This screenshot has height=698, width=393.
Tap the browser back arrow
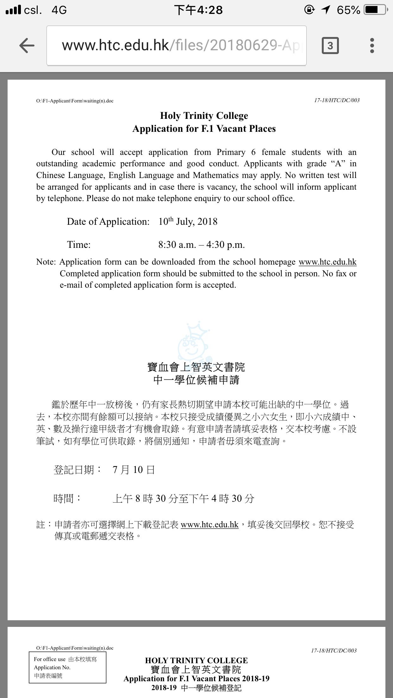27,46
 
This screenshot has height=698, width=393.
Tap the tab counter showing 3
330,46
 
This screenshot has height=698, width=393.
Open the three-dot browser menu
372,46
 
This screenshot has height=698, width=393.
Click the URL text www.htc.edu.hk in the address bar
115,46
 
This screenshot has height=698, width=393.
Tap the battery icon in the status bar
375,10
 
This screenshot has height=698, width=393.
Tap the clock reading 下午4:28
198,10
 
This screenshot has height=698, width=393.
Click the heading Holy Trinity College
204,116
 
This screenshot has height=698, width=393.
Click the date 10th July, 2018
188,221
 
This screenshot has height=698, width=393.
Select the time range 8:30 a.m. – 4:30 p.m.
202,245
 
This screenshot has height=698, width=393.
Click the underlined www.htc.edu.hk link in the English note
327,262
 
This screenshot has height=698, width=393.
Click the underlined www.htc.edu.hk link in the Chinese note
209,524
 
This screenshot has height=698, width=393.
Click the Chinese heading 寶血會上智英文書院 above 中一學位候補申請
196,367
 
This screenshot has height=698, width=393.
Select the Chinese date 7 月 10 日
134,470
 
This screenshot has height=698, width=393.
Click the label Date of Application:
108,222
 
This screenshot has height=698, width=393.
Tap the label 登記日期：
77,470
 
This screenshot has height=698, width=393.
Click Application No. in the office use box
52,667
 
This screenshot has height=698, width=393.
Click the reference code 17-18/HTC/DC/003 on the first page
337,100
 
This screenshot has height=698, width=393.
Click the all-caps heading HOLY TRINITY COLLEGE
196,660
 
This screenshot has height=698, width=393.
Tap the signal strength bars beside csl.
13,10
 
